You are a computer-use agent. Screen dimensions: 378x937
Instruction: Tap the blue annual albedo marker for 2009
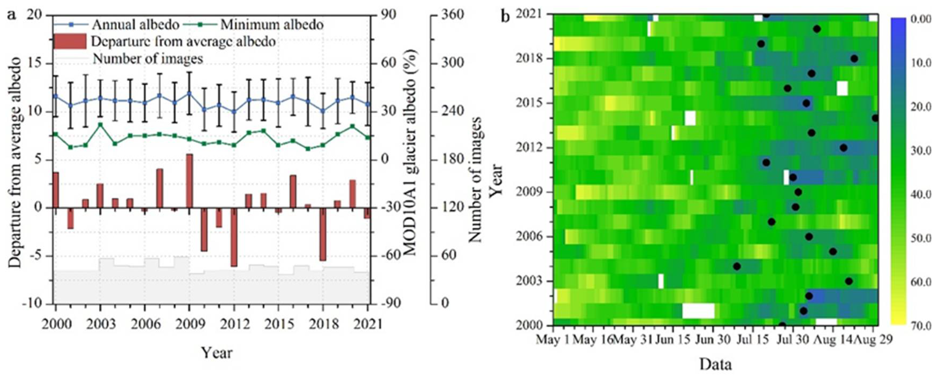coord(189,93)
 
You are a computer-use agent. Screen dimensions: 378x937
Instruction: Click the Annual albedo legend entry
coord(135,25)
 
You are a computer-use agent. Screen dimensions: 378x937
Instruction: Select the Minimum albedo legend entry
coord(271,25)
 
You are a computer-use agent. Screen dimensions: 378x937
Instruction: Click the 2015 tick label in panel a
coord(278,324)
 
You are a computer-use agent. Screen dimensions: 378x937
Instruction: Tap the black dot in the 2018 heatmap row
coord(854,59)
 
